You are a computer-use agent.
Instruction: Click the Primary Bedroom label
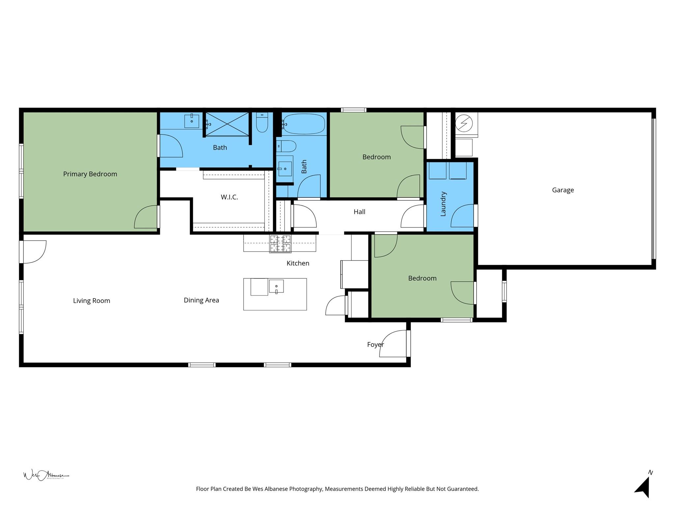click(90, 174)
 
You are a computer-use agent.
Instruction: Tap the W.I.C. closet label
click(229, 197)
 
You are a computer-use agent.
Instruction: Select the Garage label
click(563, 190)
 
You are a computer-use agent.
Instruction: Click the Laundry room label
click(443, 204)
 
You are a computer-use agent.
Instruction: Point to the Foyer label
click(375, 345)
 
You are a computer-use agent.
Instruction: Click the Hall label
click(359, 212)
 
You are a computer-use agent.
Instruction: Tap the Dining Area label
click(201, 300)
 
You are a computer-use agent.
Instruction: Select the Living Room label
click(91, 301)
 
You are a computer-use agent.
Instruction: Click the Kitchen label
click(298, 263)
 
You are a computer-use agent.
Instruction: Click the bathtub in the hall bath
click(304, 124)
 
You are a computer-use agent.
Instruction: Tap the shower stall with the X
click(227, 124)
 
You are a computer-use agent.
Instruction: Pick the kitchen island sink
click(276, 286)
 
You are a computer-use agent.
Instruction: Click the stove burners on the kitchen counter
click(280, 243)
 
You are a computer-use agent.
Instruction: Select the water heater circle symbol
click(464, 123)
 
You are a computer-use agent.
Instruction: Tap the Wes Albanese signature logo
click(45, 475)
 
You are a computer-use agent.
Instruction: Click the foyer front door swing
click(394, 344)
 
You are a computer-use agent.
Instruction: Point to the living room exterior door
click(33, 252)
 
